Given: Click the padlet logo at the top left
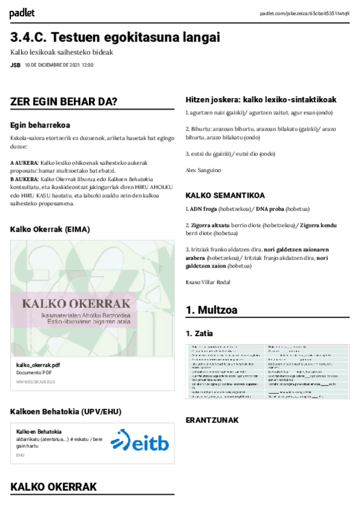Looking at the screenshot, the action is [x=22, y=13].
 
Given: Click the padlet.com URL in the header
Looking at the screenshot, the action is [x=304, y=13].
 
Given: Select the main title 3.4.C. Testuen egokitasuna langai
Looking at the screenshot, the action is [x=115, y=37].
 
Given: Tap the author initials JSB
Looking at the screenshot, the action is [x=15, y=64].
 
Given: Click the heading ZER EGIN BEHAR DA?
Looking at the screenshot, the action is [x=64, y=102].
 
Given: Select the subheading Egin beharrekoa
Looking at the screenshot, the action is [x=41, y=125].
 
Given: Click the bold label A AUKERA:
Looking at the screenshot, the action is [x=25, y=163].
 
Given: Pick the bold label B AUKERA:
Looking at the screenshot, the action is [x=25, y=179].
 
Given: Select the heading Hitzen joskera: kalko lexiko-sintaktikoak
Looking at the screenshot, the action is [x=261, y=99].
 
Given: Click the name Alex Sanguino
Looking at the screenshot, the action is [x=203, y=170].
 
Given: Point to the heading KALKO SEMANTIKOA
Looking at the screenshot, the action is [x=225, y=195].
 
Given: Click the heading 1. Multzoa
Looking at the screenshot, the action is [x=212, y=310].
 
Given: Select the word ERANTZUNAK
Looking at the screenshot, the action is [x=212, y=420].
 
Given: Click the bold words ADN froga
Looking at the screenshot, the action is [x=204, y=209].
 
